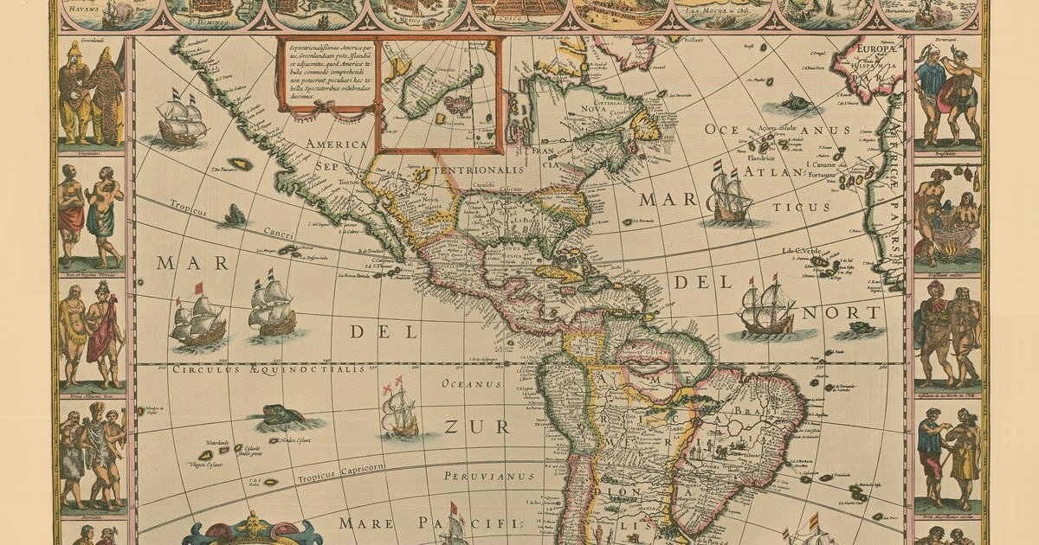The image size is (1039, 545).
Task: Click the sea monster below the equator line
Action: (281, 416)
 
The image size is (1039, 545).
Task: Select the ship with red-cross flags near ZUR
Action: (399, 409)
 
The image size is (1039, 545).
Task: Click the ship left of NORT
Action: (766, 308)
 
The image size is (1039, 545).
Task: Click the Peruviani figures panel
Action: (947, 94)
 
